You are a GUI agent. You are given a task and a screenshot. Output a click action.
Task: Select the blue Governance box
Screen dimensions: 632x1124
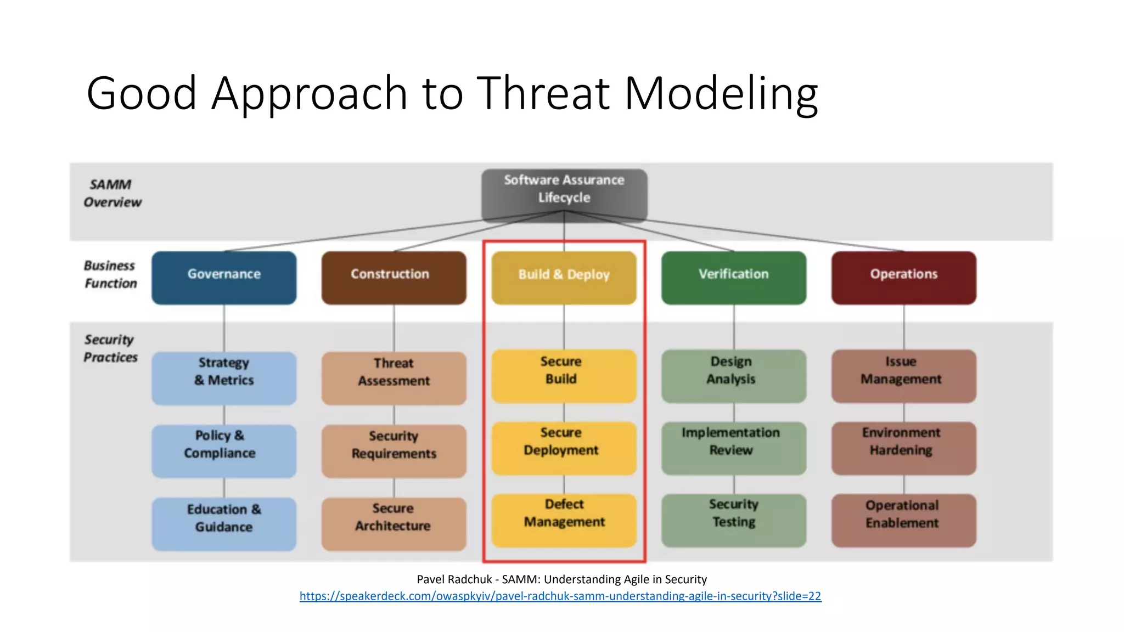pyautogui.click(x=224, y=278)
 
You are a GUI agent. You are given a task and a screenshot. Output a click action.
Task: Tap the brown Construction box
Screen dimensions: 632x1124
pyautogui.click(x=394, y=278)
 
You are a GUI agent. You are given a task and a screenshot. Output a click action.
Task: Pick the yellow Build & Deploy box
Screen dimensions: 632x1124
pyautogui.click(x=564, y=278)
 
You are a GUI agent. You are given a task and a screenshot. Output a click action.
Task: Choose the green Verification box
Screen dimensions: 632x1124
pyautogui.click(x=734, y=278)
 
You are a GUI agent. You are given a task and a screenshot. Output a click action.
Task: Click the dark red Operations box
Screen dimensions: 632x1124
pyautogui.click(x=903, y=278)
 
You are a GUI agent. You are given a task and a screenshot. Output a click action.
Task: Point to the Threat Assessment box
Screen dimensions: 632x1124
pyautogui.click(x=394, y=377)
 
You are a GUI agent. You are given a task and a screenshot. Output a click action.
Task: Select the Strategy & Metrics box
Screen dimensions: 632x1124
pyautogui.click(x=224, y=377)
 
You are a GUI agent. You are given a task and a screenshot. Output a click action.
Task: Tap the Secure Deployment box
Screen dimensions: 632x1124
pyautogui.click(x=564, y=448)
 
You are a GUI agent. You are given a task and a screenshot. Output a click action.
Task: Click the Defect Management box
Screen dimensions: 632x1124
pyautogui.click(x=564, y=520)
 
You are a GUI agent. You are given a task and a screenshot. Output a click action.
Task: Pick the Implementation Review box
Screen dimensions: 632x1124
pyautogui.click(x=734, y=448)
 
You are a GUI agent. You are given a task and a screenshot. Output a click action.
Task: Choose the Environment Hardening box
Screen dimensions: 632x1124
pyautogui.click(x=903, y=448)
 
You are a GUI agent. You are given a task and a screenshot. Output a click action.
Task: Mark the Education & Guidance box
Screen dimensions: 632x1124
pyautogui.click(x=224, y=523)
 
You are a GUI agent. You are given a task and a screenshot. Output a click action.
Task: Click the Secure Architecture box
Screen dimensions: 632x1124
pyautogui.click(x=394, y=523)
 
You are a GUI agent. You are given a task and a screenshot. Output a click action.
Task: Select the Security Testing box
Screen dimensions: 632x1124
pyautogui.click(x=734, y=520)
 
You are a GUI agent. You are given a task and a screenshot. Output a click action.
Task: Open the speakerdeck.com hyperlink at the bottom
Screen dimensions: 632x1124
pyautogui.click(x=560, y=596)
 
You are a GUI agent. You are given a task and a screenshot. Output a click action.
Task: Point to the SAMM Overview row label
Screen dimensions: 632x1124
pyautogui.click(x=112, y=193)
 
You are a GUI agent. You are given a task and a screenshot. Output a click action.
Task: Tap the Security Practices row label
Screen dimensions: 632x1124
pyautogui.click(x=110, y=348)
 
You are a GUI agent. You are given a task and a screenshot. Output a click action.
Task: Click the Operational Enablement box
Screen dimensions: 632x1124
pyautogui.click(x=903, y=520)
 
